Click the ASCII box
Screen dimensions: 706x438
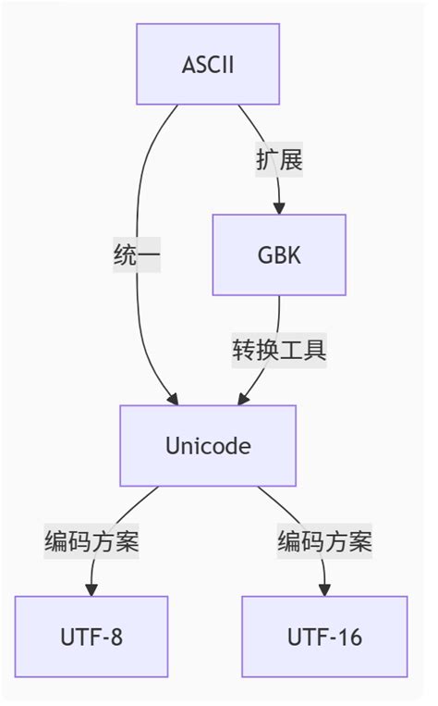(208, 64)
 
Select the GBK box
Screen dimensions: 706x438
(279, 255)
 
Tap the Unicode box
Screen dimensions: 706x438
(208, 446)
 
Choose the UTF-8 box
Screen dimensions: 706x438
(91, 637)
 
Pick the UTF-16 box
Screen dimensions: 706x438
(324, 637)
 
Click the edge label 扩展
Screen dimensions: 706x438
(279, 159)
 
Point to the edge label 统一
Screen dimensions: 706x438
(137, 255)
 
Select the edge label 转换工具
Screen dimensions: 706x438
(279, 351)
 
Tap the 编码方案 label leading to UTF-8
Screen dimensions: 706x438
(91, 541)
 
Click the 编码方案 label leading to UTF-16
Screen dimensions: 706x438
(324, 541)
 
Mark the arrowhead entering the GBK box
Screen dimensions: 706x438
(279, 209)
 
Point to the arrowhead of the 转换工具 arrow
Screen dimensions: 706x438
(243, 400)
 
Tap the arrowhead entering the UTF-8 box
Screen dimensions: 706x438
(91, 591)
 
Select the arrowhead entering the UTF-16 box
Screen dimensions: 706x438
(324, 591)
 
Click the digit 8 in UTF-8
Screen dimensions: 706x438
(116, 637)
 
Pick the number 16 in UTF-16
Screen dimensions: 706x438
(351, 637)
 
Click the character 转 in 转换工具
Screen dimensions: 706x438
(244, 351)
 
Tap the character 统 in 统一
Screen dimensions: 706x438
(125, 255)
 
